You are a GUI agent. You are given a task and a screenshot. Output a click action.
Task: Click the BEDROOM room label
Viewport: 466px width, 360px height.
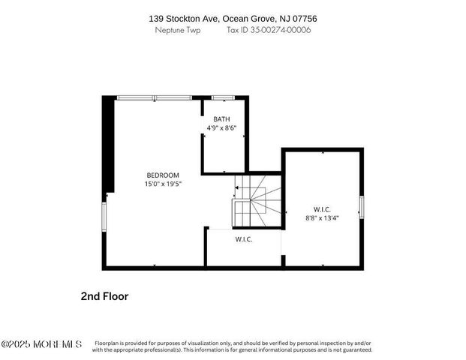[x=162, y=175]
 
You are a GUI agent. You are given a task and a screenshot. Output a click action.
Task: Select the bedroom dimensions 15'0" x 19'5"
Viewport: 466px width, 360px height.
[x=162, y=184]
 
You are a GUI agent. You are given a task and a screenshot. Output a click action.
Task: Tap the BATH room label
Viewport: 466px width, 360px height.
[x=221, y=119]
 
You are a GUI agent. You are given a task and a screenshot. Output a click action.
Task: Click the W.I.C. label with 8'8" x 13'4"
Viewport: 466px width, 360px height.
[x=322, y=209]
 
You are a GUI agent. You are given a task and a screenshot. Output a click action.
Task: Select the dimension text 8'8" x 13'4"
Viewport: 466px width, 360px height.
[x=323, y=218]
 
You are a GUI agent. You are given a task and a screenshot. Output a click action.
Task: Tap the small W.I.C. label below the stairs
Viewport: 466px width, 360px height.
[x=243, y=239]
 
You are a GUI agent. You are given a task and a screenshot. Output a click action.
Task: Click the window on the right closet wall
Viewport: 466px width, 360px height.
[x=361, y=205]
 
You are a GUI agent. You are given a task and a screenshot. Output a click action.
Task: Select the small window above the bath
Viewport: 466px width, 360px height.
[x=222, y=97]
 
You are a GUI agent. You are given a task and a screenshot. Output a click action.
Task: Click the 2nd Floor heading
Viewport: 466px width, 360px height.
[x=104, y=296]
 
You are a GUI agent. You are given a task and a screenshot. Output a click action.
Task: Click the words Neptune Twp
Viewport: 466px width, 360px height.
[x=178, y=31]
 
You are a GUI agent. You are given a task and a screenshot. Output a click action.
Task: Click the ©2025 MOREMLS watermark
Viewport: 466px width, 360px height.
[x=41, y=344]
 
